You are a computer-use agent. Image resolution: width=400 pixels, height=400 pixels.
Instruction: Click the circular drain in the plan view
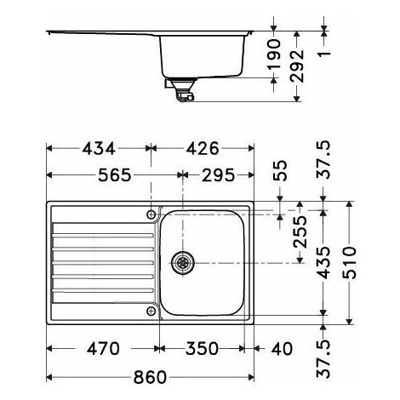[181, 263]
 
